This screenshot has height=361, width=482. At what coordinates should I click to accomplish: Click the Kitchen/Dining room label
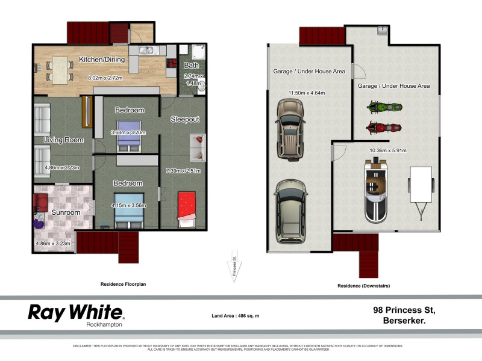(x=102, y=60)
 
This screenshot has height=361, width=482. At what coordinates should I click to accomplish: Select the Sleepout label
(x=184, y=119)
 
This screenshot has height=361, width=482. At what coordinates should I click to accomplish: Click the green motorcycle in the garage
(x=384, y=108)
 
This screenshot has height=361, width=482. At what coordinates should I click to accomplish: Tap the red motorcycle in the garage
(x=384, y=128)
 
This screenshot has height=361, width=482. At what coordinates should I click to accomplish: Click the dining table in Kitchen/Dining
(x=59, y=69)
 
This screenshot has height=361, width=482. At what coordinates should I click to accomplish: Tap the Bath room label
(x=191, y=65)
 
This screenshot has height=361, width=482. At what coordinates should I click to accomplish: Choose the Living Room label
(x=63, y=140)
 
